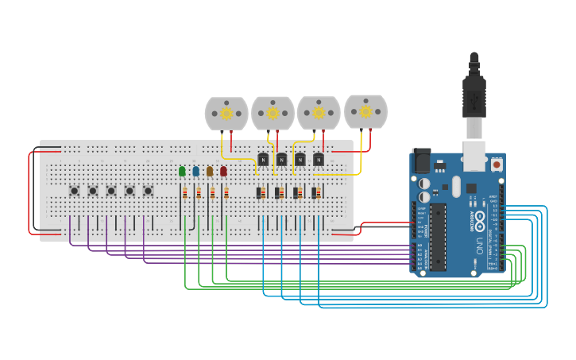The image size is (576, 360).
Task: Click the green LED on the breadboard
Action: click(182, 171)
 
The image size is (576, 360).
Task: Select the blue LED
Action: click(196, 171)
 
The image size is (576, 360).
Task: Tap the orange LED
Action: click(210, 171)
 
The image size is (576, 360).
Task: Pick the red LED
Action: click(223, 171)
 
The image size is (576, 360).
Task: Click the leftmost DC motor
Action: click(226, 114)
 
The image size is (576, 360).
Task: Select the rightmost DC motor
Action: click(365, 111)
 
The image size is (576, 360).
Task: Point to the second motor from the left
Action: click(273, 114)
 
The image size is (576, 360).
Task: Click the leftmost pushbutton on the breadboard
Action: click(74, 191)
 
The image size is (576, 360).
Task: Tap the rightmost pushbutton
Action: click(148, 191)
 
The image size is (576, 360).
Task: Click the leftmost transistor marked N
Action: click(263, 159)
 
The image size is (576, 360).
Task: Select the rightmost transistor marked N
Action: click(318, 159)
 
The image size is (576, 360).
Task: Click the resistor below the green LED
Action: click(185, 193)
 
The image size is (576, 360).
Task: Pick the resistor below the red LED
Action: click(226, 193)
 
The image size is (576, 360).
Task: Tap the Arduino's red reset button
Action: click(497, 165)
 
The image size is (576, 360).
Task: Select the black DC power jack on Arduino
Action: click(420, 161)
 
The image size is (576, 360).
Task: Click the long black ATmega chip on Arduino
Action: click(438, 237)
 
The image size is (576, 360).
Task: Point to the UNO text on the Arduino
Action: click(477, 242)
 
